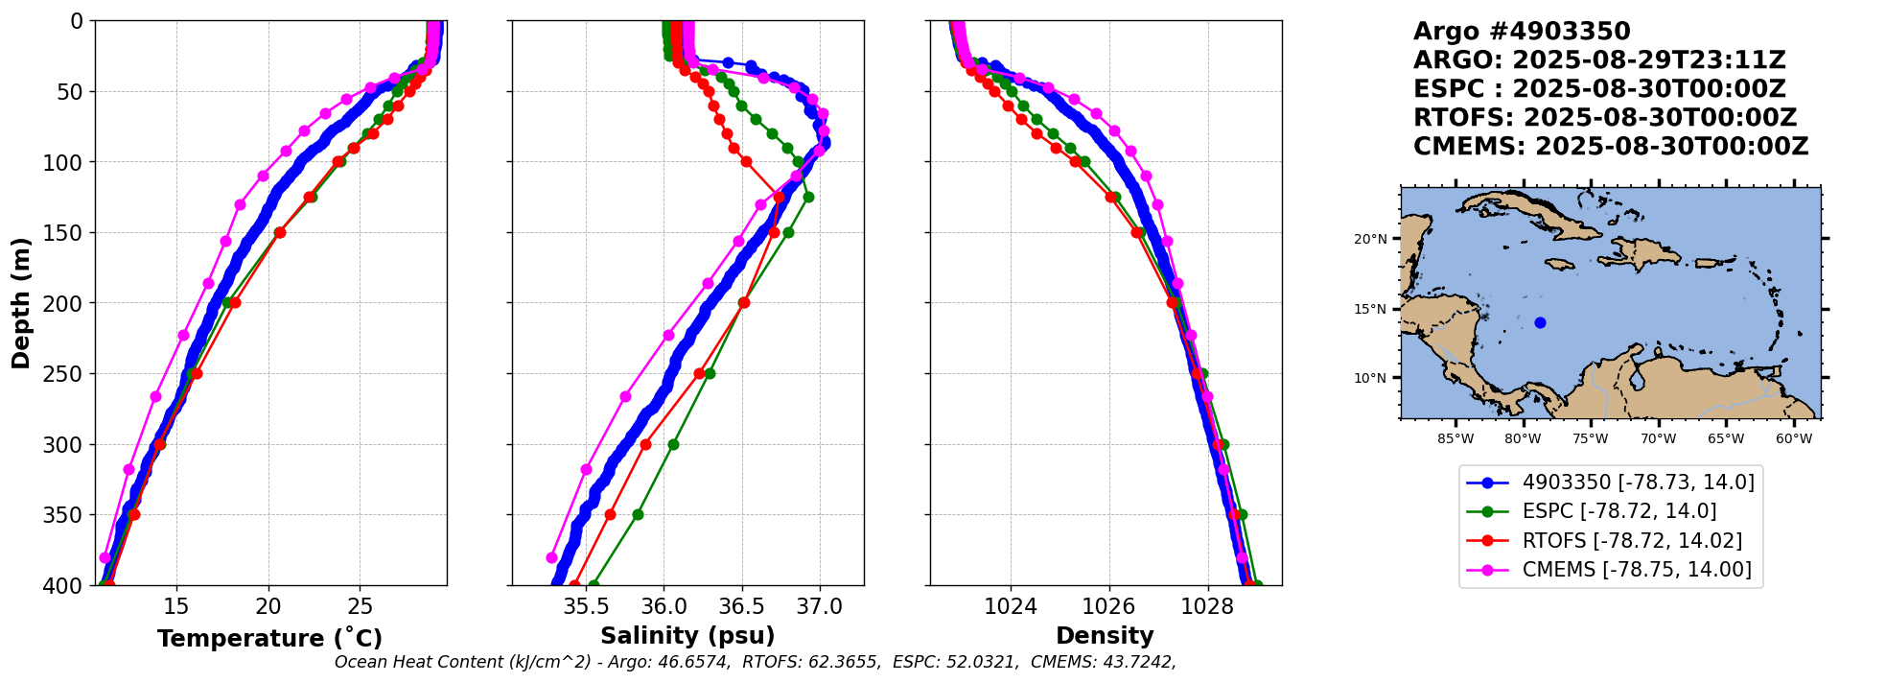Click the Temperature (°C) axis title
tap(269, 638)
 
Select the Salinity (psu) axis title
tap(687, 636)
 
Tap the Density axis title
tap(1105, 636)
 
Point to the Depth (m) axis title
tap(20, 302)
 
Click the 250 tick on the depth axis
tap(69, 374)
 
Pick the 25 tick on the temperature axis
tap(360, 607)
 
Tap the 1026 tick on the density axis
tap(1109, 607)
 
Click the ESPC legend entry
tap(1619, 511)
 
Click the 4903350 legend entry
tap(1638, 483)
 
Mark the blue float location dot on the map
tap(1540, 322)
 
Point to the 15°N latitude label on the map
tap(1370, 309)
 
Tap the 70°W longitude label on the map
tap(1658, 439)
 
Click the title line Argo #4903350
tap(1522, 32)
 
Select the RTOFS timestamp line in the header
tap(1605, 118)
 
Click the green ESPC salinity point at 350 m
tap(638, 515)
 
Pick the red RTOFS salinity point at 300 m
tap(645, 444)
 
